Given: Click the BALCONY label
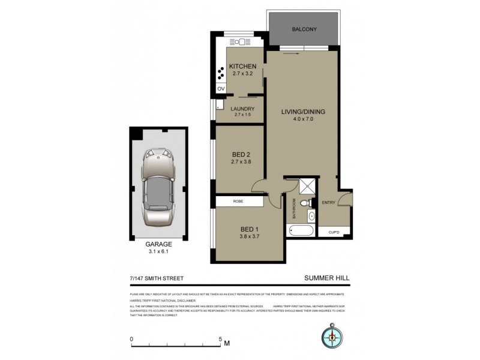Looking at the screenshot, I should pos(304,29).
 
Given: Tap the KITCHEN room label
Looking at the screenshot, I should pos(244,66).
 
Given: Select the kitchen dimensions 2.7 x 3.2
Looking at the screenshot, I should pos(244,74).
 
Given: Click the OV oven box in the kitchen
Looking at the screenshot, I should pos(220,89).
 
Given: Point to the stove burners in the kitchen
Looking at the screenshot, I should pos(221,70).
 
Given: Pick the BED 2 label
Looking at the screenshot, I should pos(241,154).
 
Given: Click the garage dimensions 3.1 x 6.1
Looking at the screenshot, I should pos(157,252).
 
